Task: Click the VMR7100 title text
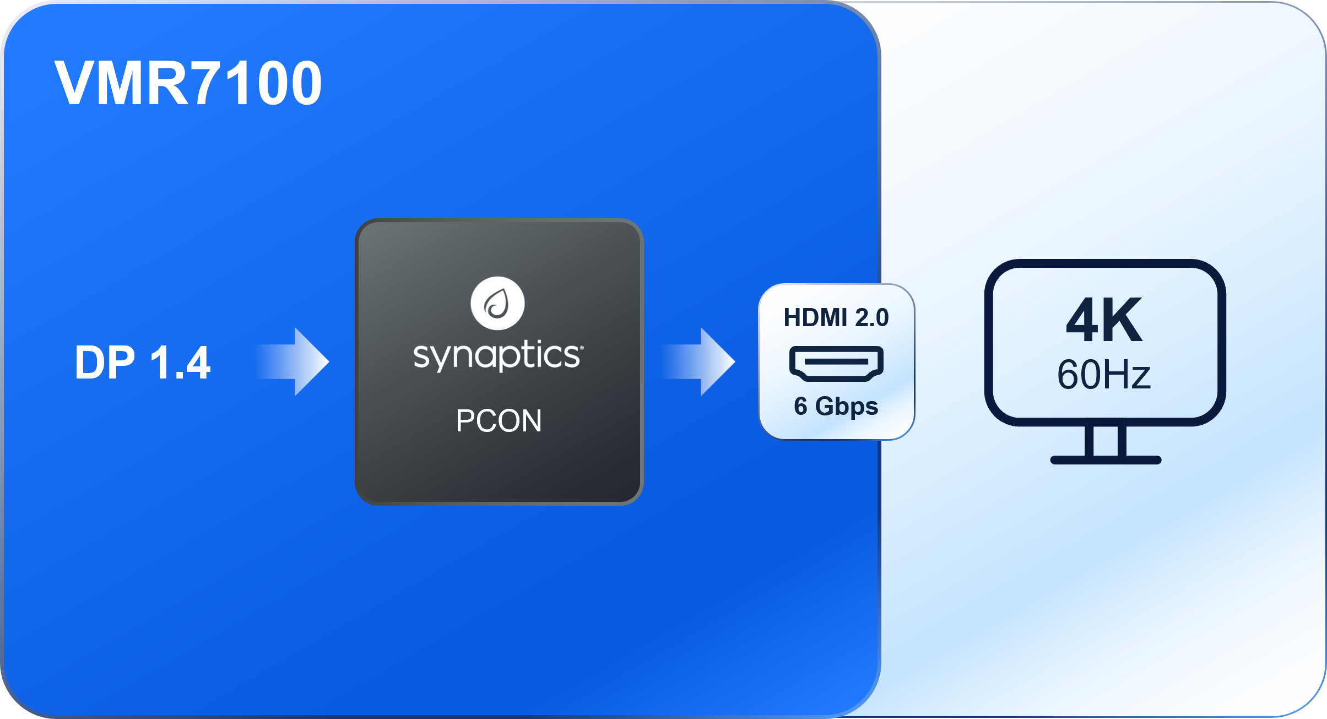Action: [188, 83]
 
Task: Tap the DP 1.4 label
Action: [142, 363]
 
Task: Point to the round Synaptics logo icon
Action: [497, 303]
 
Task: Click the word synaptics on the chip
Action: [497, 355]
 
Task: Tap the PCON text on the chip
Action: [499, 421]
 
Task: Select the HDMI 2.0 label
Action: [836, 318]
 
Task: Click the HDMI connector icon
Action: [836, 363]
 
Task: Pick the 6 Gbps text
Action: [836, 406]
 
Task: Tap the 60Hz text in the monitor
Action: [1104, 375]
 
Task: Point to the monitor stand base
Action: [1106, 460]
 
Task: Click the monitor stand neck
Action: [1106, 441]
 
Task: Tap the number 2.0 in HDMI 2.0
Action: [871, 318]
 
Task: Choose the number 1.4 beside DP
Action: [180, 363]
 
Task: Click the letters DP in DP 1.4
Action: [105, 363]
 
